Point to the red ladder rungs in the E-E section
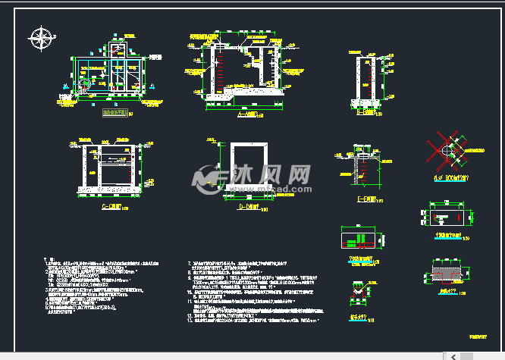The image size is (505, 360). [363, 165]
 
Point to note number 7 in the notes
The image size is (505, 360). [190, 263]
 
